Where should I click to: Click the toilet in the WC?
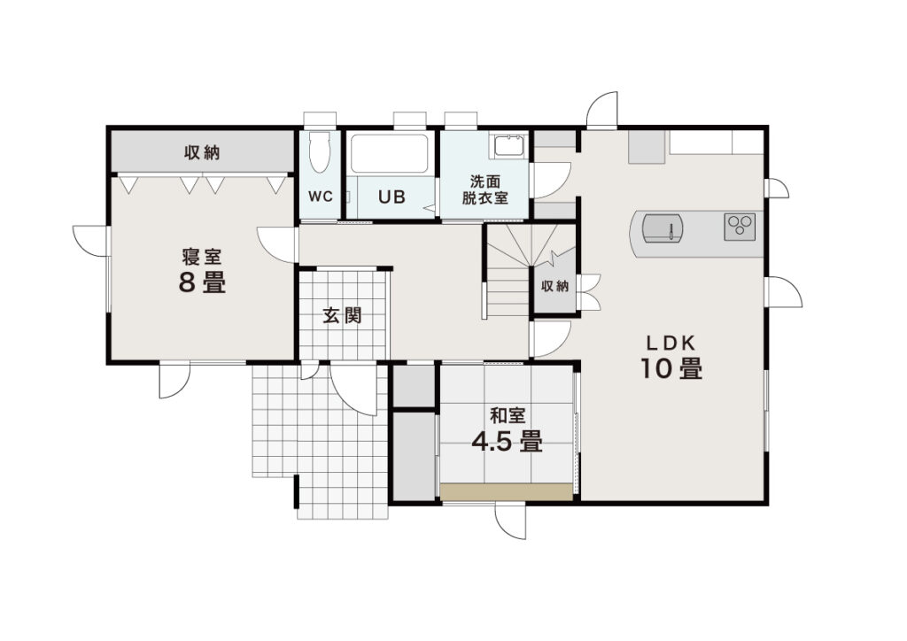click(319, 152)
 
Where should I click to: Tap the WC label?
click(320, 197)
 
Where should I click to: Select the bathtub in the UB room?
click(390, 154)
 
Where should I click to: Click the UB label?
click(391, 197)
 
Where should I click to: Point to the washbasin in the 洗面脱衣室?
click(508, 145)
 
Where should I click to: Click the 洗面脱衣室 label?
click(485, 189)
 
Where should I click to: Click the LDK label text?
click(671, 344)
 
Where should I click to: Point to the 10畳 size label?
click(671, 369)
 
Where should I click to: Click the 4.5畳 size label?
click(507, 442)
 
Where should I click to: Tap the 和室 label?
click(508, 415)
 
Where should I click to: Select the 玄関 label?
click(343, 315)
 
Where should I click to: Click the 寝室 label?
click(202, 256)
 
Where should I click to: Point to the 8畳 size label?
click(202, 282)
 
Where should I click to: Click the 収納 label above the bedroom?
click(202, 152)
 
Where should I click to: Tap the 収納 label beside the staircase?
click(554, 286)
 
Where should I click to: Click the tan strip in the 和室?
click(506, 492)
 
